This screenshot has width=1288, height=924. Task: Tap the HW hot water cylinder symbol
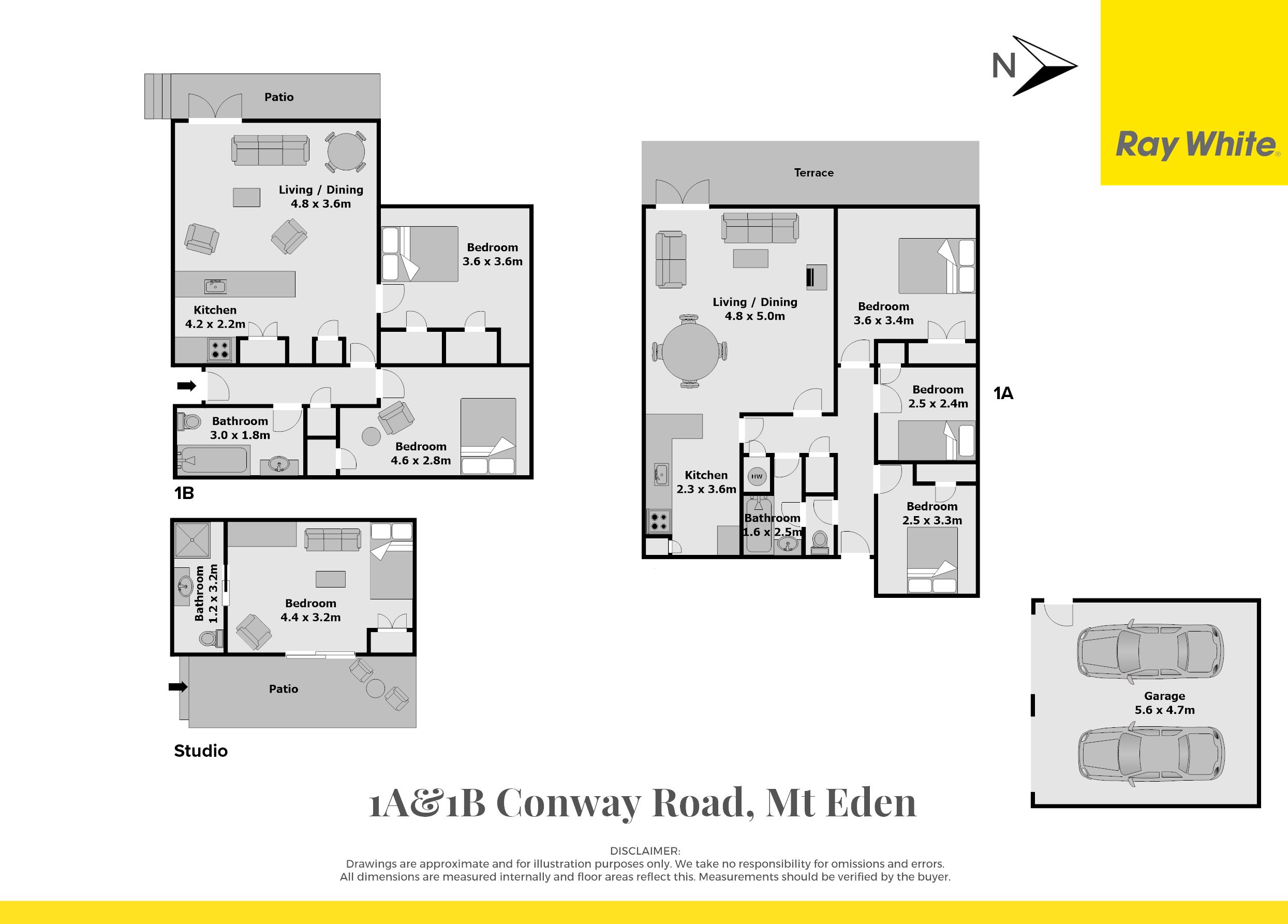tap(757, 476)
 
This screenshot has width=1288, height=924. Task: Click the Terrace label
tap(814, 173)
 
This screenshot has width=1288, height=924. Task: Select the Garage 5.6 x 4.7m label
tap(1165, 702)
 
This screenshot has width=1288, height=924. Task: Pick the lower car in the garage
tap(1150, 754)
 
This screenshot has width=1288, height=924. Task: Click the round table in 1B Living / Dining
tap(346, 152)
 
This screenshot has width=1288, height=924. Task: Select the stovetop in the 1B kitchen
tap(220, 349)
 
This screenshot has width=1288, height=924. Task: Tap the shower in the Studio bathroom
tap(193, 539)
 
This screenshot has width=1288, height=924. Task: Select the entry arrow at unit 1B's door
tap(187, 386)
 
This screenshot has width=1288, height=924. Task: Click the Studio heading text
tap(200, 751)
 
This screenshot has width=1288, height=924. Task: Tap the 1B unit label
tap(184, 493)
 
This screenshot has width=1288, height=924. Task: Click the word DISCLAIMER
tap(645, 852)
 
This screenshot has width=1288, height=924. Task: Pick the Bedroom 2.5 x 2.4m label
tap(938, 397)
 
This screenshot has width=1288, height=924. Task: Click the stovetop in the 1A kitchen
tap(659, 521)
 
